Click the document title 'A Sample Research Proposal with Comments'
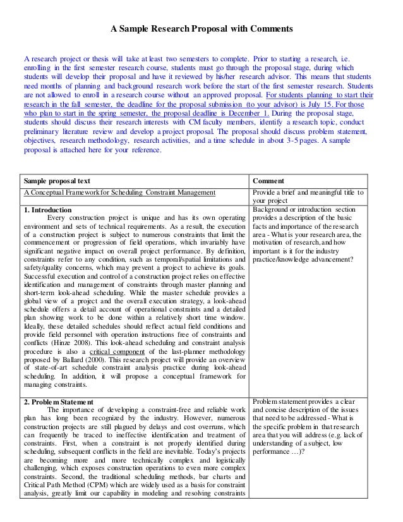pos(201,29)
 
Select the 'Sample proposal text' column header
pos(59,180)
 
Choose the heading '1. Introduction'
pos(47,210)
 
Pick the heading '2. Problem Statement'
pos(57,402)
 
